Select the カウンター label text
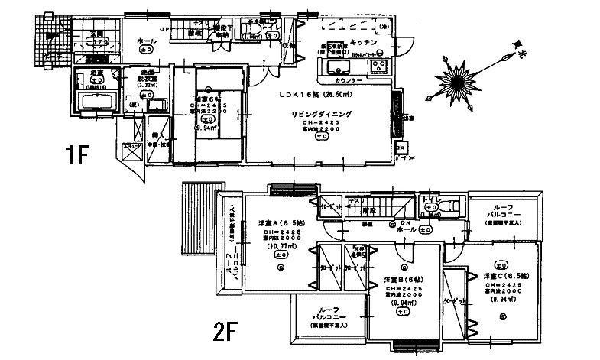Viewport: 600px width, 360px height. pos(371,80)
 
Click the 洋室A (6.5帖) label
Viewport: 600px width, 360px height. pos(276,224)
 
